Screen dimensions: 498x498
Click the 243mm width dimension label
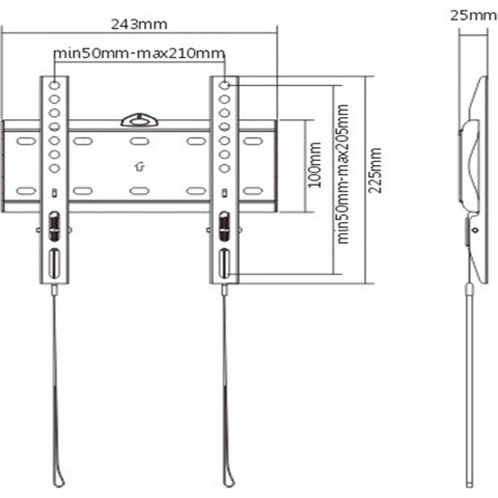139,24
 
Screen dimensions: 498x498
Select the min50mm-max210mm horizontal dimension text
140,53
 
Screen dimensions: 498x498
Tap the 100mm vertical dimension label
315,165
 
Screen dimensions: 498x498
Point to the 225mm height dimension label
375,170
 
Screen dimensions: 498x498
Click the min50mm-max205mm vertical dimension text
342,174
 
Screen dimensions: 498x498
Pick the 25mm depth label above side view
473,15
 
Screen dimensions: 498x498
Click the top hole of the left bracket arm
54,85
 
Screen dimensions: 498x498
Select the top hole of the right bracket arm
224,85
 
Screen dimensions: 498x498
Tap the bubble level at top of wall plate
139,120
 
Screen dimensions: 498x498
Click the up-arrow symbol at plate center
139,167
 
